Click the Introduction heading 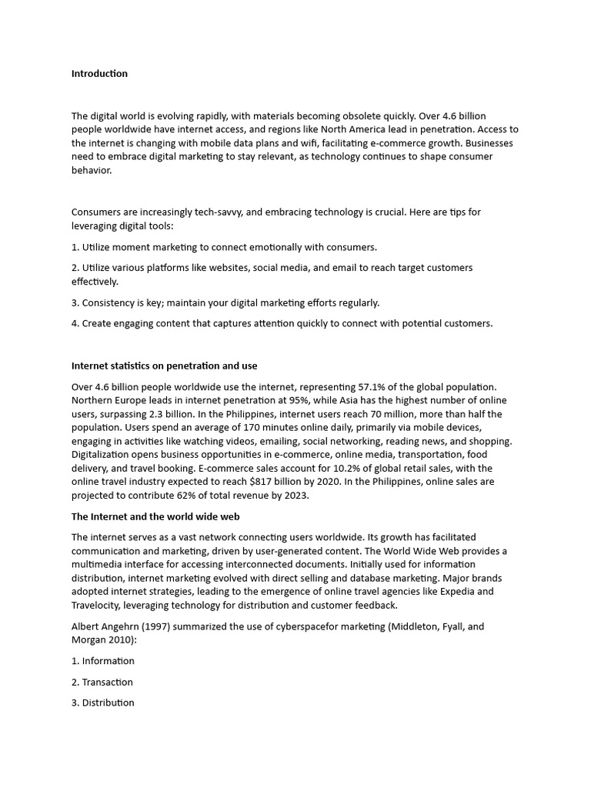pyautogui.click(x=99, y=74)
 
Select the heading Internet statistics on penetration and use pyautogui.click(x=164, y=366)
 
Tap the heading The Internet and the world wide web pyautogui.click(x=160, y=516)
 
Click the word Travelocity pyautogui.click(x=97, y=606)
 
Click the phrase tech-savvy pyautogui.click(x=215, y=212)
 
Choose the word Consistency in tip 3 pyautogui.click(x=111, y=302)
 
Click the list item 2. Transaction pyautogui.click(x=102, y=682)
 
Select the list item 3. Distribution pyautogui.click(x=103, y=703)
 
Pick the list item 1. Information pyautogui.click(x=103, y=661)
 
